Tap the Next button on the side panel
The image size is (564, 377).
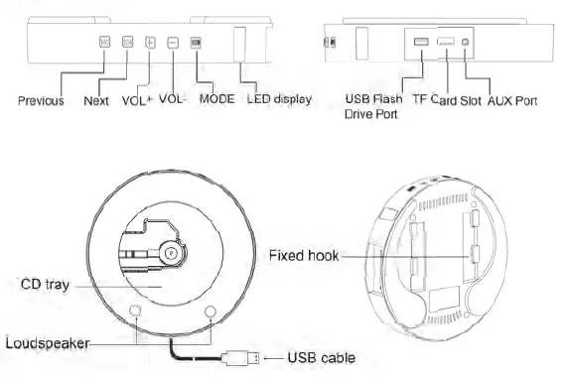click(x=127, y=44)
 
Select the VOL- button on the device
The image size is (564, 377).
click(x=172, y=44)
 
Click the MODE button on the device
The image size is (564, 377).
click(x=195, y=44)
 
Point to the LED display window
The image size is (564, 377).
click(x=240, y=46)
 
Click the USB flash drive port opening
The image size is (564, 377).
click(x=421, y=43)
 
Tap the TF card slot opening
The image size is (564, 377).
click(x=446, y=42)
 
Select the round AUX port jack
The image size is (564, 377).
click(x=467, y=43)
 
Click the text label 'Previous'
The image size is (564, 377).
click(x=41, y=100)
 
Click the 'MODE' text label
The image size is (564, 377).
click(x=216, y=99)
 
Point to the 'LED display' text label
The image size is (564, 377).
click(x=279, y=99)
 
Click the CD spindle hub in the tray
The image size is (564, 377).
click(x=170, y=251)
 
